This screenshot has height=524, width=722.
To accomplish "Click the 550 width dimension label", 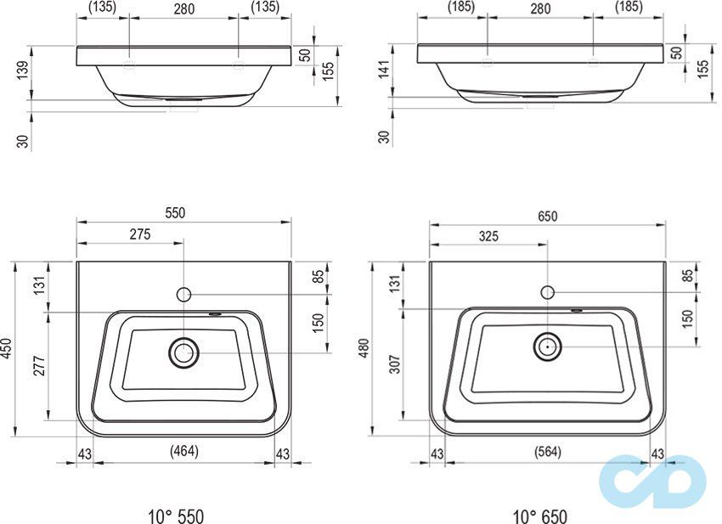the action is pos(176,212).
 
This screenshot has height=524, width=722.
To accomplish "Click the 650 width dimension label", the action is pos(548,216).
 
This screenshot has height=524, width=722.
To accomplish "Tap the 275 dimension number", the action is pos(140,234).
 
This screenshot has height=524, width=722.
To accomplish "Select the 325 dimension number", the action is pos(488,236).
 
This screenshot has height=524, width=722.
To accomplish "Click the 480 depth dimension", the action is pos(364,348).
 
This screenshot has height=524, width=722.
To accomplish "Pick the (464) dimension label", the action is pos(183,451).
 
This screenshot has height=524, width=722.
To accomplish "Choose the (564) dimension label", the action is pos(548,452).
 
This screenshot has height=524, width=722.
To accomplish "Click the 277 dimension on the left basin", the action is pos(40,366).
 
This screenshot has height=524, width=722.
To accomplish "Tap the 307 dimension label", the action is pos(396,363).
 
